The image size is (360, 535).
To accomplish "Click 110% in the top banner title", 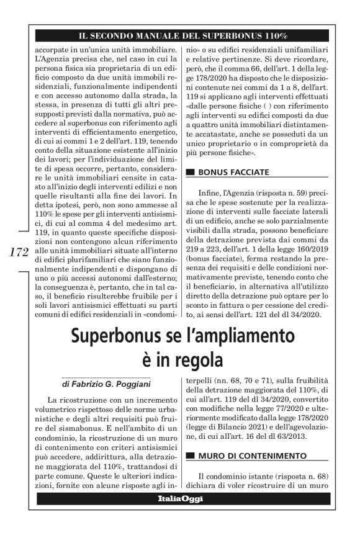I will coord(271,35).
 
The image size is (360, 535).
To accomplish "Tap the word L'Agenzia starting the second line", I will coord(52,59).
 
